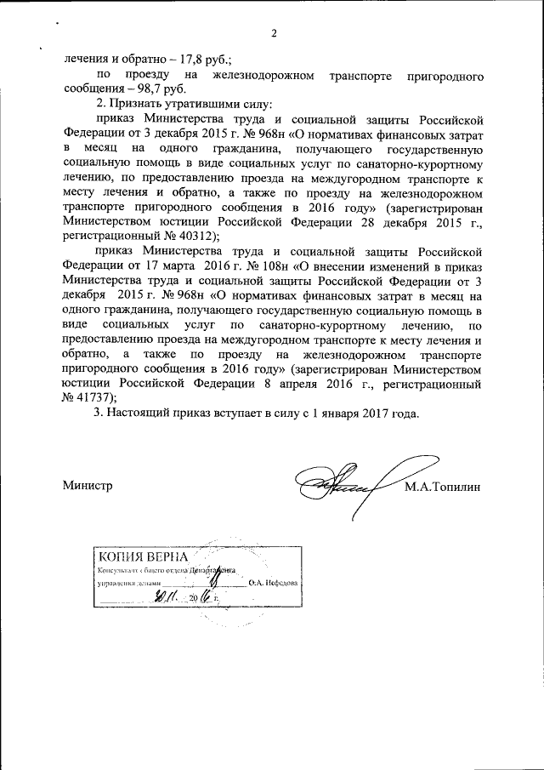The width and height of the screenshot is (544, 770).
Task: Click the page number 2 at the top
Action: tap(275, 34)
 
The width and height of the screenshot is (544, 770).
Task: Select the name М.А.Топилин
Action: tap(443, 486)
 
